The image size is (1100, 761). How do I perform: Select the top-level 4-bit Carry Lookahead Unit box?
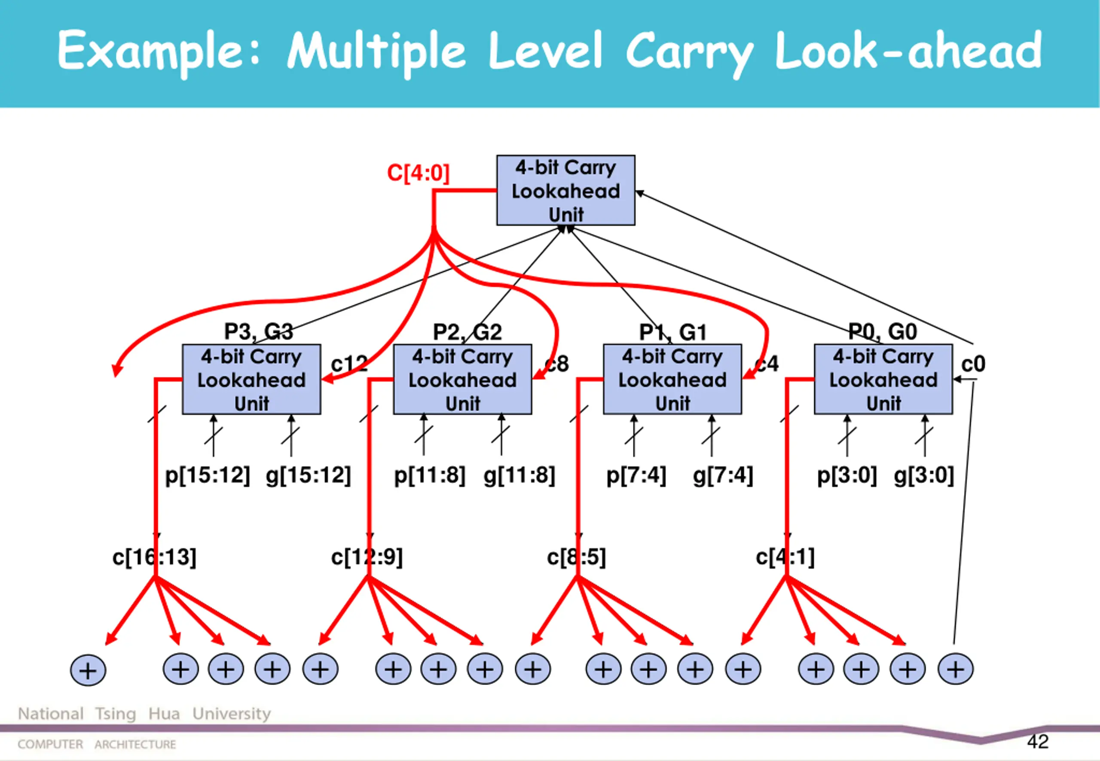coord(566,190)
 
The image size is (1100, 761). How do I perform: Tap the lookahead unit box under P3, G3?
coord(251,380)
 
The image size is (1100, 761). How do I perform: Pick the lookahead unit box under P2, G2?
coord(462,380)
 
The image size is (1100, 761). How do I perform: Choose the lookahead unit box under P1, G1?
coord(672,380)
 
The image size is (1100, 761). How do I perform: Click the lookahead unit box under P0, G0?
coord(883,380)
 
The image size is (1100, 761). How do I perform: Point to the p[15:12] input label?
coord(208,475)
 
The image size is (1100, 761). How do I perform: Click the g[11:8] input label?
coord(519,475)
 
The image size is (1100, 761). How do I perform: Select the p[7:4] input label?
coord(636,475)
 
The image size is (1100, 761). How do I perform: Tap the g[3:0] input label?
coord(923,475)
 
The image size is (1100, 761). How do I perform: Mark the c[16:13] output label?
coord(154,557)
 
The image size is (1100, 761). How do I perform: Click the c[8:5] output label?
coord(576,557)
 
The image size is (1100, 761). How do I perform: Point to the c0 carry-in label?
coord(973,364)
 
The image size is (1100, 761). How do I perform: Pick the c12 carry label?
coord(349,364)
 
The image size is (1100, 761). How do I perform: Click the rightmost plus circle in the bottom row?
coord(955,670)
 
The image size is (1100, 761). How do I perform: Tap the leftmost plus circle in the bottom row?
coord(88,670)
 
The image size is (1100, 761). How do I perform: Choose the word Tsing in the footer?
coord(116,714)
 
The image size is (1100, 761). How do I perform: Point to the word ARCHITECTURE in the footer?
coord(135,744)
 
